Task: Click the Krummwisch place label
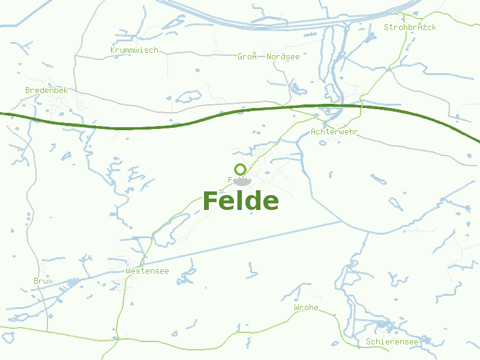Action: [x=134, y=50]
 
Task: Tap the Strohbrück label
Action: [x=410, y=27]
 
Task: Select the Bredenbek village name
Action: [x=46, y=90]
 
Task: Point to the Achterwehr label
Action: [x=335, y=131]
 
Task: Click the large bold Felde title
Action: [x=241, y=201]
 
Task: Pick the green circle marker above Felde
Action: [x=241, y=169]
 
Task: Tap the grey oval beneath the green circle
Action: [x=242, y=181]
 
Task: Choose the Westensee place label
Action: [x=147, y=271]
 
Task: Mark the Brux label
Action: [x=43, y=281]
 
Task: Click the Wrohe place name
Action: [x=306, y=308]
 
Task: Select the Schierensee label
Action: [x=392, y=341]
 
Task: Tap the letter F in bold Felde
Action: [x=211, y=201]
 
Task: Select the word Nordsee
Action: [x=283, y=56]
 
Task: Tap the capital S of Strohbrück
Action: [x=387, y=27]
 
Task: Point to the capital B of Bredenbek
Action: [x=28, y=90]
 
